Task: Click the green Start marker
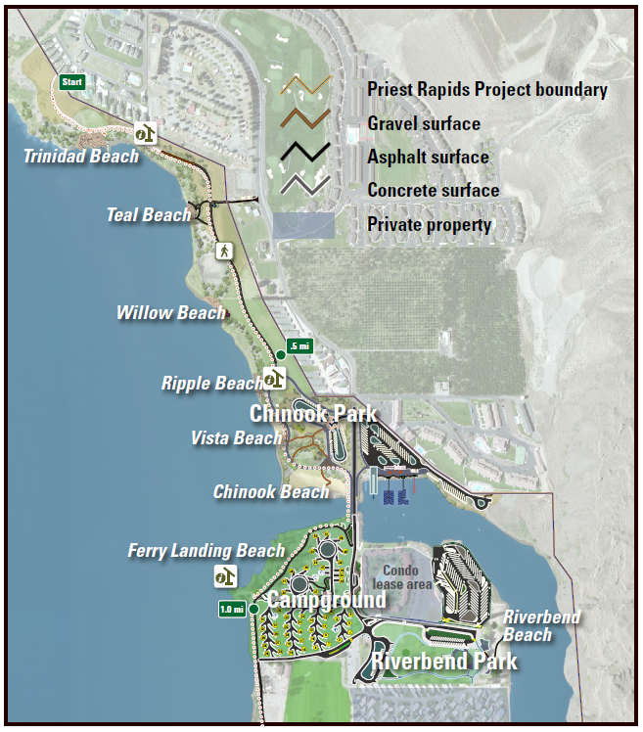coord(71,82)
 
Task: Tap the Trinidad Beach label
coord(81,156)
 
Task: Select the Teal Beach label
coord(149,214)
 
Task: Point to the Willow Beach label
coord(170,313)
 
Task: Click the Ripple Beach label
coord(211,384)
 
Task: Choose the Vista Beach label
coord(236,438)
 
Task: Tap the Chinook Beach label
coord(271,491)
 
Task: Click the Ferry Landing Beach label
coord(206,552)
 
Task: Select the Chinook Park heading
coord(313,414)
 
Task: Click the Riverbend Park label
coord(444,662)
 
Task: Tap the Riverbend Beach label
coord(541,626)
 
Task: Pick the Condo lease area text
coord(400,577)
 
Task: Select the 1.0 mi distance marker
coord(232,610)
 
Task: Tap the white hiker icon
coord(223,251)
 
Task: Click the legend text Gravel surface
coord(423,123)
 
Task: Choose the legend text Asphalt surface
coord(428,157)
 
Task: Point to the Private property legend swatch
coord(303,225)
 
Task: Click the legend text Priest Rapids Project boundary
coord(486,89)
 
